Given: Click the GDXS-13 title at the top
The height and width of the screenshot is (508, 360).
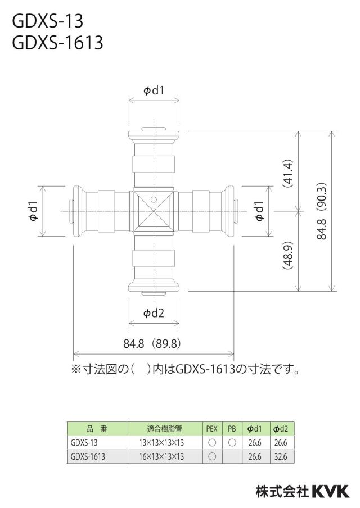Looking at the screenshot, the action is click(x=48, y=21).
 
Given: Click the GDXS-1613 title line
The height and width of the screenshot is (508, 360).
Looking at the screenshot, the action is click(x=58, y=43).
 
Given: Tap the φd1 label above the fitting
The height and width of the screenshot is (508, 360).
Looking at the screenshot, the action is click(x=154, y=90).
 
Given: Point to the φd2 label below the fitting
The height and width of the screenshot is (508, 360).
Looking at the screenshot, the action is click(x=154, y=313).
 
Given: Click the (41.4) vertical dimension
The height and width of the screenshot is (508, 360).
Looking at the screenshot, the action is click(x=288, y=173).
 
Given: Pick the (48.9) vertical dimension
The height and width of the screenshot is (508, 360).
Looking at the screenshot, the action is click(x=288, y=256).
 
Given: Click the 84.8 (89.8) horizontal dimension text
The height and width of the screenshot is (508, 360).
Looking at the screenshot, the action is click(x=152, y=343).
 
